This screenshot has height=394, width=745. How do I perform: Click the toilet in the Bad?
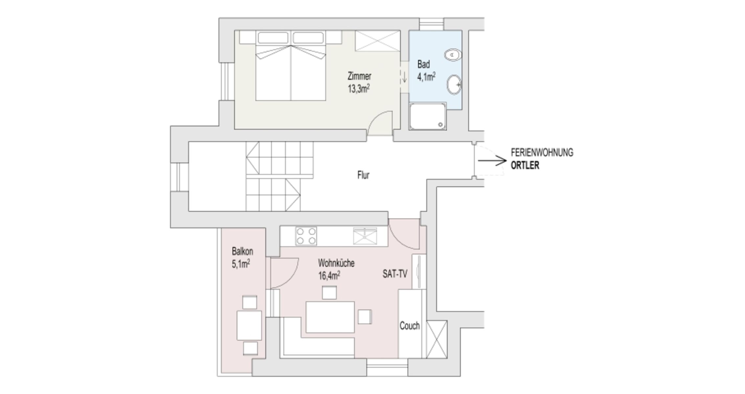pos(453,55)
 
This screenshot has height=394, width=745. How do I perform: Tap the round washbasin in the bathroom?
pos(454,85)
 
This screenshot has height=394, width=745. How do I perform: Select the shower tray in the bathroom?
pos(428,116)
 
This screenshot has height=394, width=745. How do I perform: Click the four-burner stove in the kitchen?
pos(306,236)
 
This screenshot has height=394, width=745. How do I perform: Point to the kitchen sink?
pos(365,236)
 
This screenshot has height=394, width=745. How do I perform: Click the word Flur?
pos(363,175)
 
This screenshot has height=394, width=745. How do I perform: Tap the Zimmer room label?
pos(359,76)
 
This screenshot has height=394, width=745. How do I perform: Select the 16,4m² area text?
pos(329,275)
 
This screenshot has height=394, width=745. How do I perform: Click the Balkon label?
pos(242,252)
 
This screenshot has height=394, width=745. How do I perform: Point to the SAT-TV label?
pos(395,274)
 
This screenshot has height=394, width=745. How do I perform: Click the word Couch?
pos(410,326)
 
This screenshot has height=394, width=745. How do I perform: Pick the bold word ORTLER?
pos(525,165)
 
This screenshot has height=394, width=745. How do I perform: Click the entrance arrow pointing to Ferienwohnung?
pos(492,161)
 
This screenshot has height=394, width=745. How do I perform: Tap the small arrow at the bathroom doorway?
pos(404,77)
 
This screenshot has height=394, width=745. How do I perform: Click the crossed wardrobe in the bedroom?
pos(378,41)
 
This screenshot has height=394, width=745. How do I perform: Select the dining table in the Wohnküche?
pos(330,317)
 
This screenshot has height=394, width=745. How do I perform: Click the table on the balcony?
pos(249,325)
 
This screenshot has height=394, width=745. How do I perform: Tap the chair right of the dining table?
pos(365,317)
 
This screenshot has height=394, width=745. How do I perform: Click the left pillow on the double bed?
pos(273,38)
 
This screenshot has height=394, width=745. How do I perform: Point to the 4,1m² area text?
pos(426,77)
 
